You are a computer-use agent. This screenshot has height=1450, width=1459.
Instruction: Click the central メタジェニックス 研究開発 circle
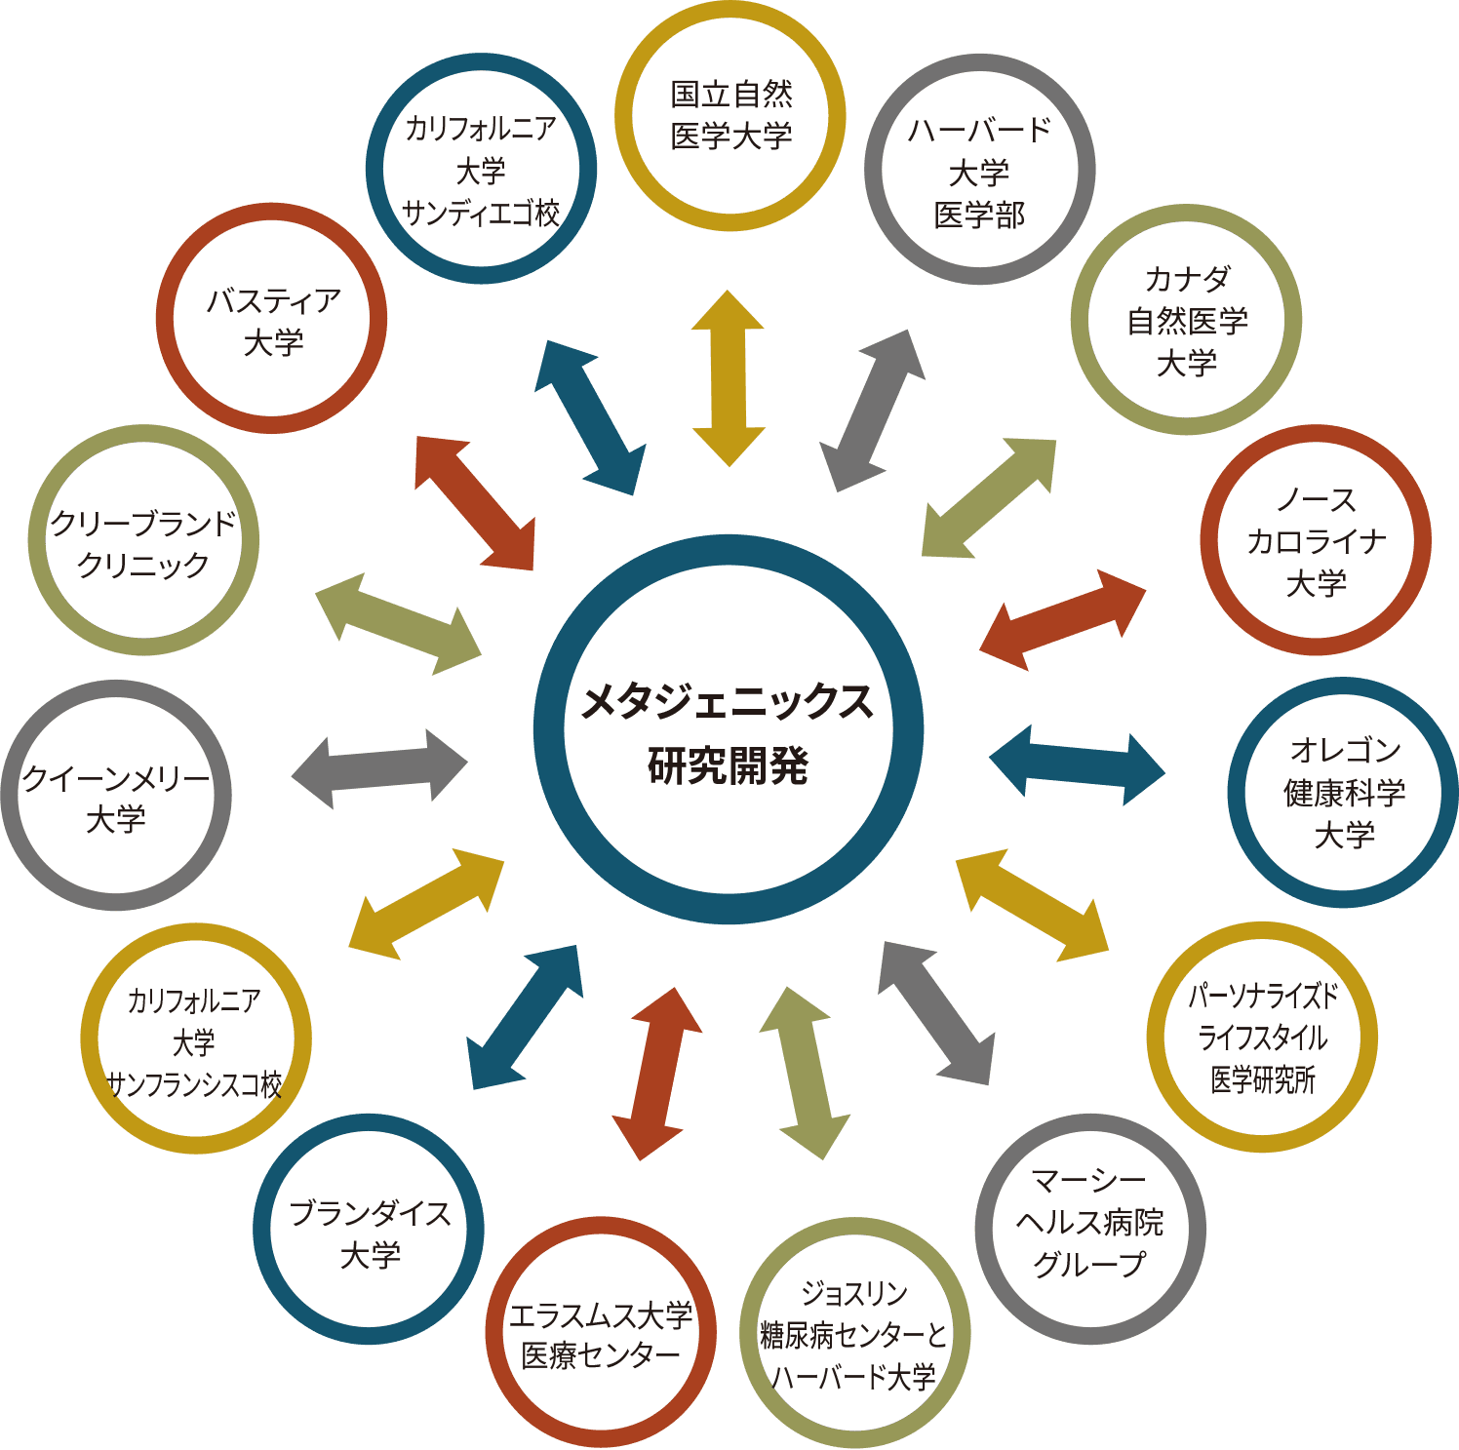point(729,729)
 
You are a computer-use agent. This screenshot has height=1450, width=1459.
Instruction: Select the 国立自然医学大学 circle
point(730,116)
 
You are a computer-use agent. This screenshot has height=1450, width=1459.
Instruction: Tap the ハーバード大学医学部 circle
point(979,170)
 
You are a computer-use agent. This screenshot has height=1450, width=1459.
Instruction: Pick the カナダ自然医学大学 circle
point(1186,320)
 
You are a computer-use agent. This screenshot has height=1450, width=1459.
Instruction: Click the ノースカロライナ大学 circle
point(1316,540)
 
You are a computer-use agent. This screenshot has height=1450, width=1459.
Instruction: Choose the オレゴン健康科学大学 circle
point(1343,792)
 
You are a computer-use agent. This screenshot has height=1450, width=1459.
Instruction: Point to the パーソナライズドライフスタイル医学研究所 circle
point(1262,1038)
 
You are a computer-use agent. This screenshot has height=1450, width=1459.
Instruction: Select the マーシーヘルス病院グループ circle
point(1089,1229)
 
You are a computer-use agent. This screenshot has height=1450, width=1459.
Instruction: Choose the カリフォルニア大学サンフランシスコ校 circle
point(195,1039)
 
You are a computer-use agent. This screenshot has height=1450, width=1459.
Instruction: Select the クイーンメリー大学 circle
point(116,796)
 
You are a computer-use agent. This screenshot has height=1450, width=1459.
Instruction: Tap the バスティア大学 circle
point(272,319)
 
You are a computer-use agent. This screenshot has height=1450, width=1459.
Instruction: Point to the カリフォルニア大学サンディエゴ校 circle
point(481,169)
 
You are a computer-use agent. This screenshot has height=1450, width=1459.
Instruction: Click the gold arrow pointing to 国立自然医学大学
point(729,378)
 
